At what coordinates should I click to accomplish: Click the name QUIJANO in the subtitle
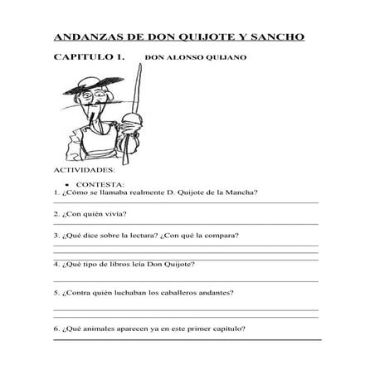[227, 59]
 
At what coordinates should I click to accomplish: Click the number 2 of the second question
[55, 215]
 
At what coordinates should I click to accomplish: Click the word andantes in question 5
[221, 293]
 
